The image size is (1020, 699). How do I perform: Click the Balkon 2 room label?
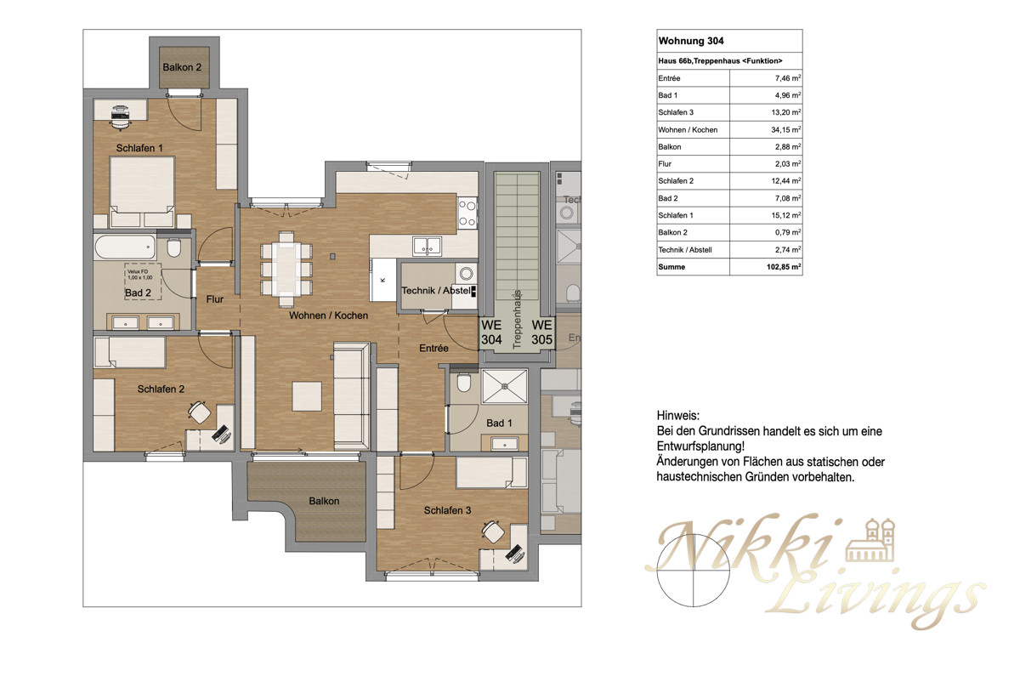click(182, 67)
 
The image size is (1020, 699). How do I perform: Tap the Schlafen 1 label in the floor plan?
click(139, 148)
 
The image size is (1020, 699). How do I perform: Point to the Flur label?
click(214, 299)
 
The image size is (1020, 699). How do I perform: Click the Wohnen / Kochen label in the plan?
click(328, 315)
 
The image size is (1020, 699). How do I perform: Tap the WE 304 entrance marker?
click(492, 332)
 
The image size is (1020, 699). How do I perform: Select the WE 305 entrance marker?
click(543, 332)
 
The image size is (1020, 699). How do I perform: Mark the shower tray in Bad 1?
click(505, 386)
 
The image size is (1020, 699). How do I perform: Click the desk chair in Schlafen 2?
click(200, 412)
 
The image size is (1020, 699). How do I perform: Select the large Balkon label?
click(324, 501)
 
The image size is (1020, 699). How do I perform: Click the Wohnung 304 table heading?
click(691, 41)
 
